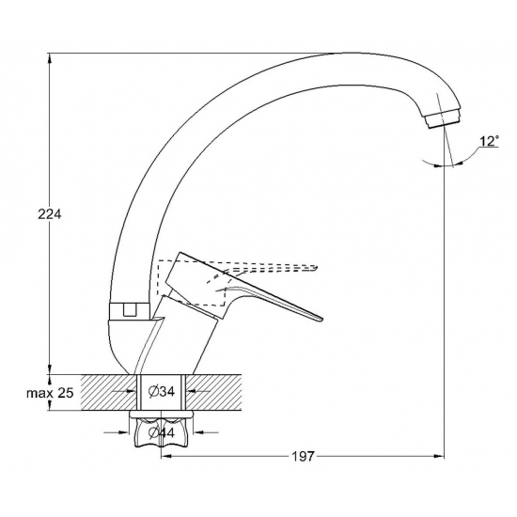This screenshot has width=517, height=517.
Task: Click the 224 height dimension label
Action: click(50, 214)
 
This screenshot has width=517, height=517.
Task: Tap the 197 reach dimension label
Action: click(303, 456)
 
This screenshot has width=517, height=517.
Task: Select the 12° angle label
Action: click(489, 141)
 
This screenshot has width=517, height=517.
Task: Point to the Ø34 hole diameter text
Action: click(162, 392)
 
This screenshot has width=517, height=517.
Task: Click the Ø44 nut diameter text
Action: click(162, 432)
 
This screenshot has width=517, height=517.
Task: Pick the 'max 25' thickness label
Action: click(50, 393)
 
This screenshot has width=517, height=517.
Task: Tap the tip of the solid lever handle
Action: click(321, 319)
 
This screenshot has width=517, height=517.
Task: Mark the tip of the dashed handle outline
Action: click(317, 266)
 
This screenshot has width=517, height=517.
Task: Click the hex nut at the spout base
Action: click(130, 310)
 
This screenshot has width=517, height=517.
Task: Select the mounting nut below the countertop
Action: click(162, 429)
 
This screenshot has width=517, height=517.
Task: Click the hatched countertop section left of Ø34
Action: click(109, 392)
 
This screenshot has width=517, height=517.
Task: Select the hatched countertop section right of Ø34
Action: click(213, 392)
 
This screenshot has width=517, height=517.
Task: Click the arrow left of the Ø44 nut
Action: click(116, 432)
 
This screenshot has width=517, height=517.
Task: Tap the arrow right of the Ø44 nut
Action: click(206, 432)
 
